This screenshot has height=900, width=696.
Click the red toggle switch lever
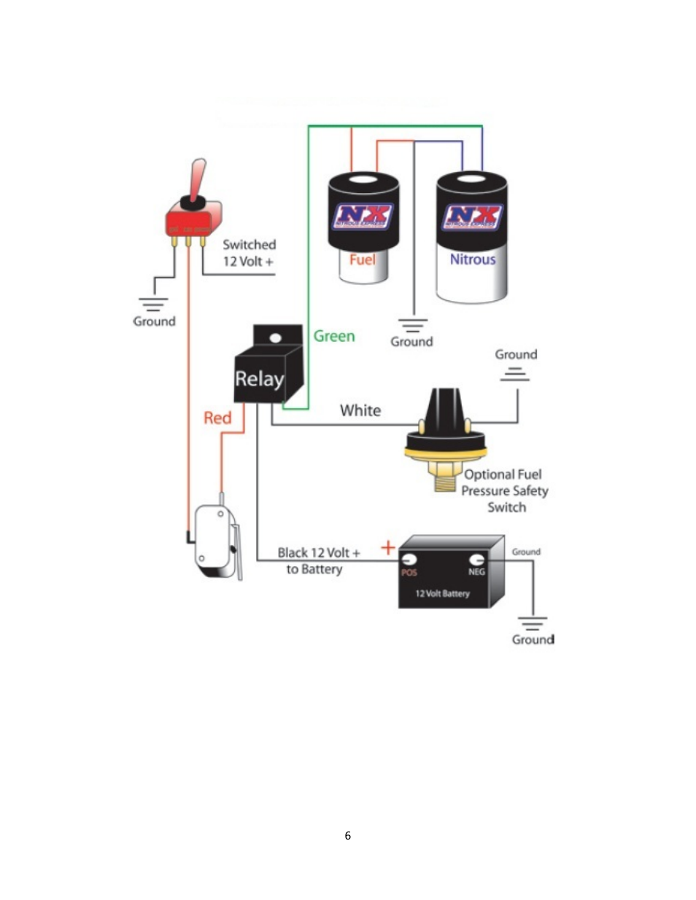click(x=198, y=179)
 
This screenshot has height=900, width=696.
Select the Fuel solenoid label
click(x=362, y=259)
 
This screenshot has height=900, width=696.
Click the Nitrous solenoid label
click(x=472, y=259)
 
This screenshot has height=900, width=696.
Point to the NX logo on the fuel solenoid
click(x=363, y=216)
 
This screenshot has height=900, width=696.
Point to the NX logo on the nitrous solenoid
click(x=473, y=216)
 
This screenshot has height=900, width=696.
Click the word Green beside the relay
click(x=334, y=336)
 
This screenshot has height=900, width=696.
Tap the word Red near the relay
click(x=217, y=418)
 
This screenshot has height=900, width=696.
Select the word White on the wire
click(x=360, y=410)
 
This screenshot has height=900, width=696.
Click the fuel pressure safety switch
click(x=445, y=437)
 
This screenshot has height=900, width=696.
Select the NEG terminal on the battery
click(x=476, y=560)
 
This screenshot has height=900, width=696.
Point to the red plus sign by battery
click(x=388, y=547)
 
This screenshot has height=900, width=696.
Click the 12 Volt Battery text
click(x=443, y=593)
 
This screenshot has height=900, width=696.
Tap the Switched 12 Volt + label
click(x=249, y=253)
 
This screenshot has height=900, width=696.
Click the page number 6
click(x=347, y=835)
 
